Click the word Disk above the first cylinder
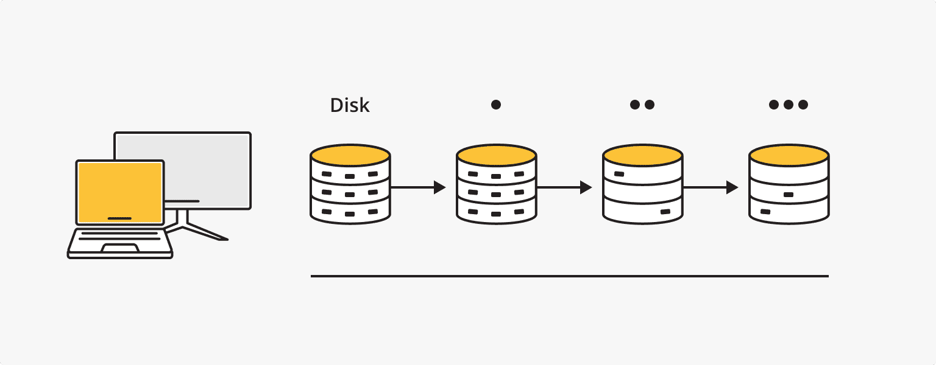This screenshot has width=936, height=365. pos(350,105)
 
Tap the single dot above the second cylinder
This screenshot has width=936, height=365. pos(496,105)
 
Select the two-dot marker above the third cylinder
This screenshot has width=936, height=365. pos(642,105)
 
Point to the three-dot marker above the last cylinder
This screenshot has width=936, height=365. pos(789,105)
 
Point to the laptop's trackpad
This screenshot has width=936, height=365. pos(119,247)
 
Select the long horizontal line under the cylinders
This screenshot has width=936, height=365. pos(569,276)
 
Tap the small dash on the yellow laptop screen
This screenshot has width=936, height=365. pos(119,218)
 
